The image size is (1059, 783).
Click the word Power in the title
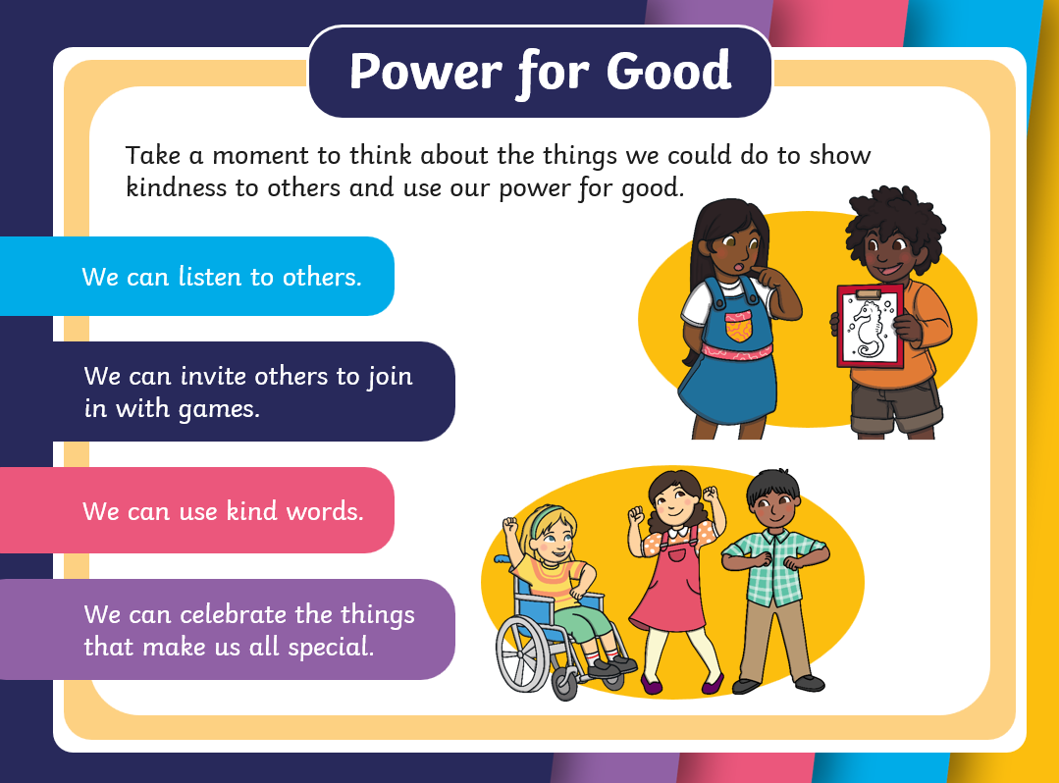[x=426, y=73]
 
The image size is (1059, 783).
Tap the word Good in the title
[x=668, y=71]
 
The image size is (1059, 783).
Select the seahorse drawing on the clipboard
[x=869, y=329]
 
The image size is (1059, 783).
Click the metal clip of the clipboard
[x=869, y=293]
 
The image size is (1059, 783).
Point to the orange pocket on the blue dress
[x=739, y=328]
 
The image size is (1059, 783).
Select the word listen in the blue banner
[x=209, y=277]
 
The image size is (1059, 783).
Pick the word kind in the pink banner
[x=251, y=511]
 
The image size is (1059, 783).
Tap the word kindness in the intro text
[x=177, y=187]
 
